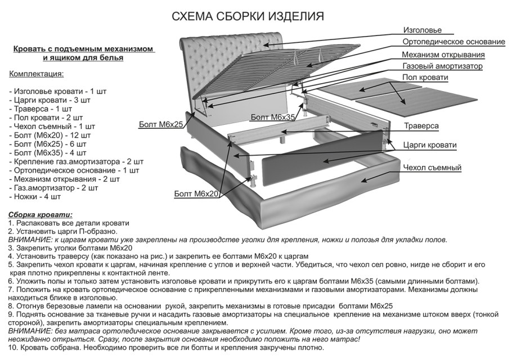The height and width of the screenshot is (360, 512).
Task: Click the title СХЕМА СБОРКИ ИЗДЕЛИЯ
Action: (x=248, y=16)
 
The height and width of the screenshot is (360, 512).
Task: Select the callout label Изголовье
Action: (x=422, y=30)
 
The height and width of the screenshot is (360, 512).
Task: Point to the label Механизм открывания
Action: (x=443, y=55)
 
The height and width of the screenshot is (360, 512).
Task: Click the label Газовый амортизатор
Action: (x=442, y=66)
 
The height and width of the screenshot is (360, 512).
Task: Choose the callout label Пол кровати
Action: (x=425, y=78)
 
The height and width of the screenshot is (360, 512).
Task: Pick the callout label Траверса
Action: (x=421, y=126)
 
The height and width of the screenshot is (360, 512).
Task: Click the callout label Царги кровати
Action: (x=430, y=145)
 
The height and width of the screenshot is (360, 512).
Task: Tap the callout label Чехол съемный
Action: (x=432, y=168)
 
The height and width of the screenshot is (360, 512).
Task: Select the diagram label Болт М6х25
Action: (x=161, y=124)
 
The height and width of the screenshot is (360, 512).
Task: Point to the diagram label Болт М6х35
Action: (x=273, y=117)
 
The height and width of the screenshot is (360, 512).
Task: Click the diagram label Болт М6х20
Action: (x=196, y=193)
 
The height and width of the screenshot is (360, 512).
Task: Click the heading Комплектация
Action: (x=37, y=74)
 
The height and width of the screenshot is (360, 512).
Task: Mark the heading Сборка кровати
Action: (x=40, y=215)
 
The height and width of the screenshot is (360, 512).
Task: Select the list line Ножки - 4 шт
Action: (x=35, y=197)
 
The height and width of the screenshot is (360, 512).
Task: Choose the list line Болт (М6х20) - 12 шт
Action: (x=50, y=135)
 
